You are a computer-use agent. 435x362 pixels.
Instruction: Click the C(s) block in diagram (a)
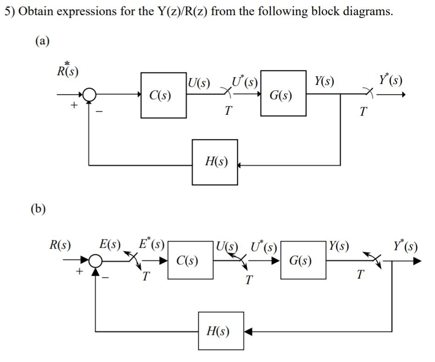[x=164, y=95]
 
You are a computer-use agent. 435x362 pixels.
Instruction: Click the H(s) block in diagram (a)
[x=215, y=162]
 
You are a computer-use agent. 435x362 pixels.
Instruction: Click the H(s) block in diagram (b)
[x=221, y=331]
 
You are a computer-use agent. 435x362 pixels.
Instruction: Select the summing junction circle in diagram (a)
[x=89, y=95]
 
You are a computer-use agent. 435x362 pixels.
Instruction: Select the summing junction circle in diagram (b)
[x=96, y=262]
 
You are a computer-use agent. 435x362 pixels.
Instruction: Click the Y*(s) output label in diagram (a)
[x=391, y=80]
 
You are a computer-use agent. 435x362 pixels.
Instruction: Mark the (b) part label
[x=39, y=209]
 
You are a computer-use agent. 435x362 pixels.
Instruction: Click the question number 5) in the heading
[x=9, y=11]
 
